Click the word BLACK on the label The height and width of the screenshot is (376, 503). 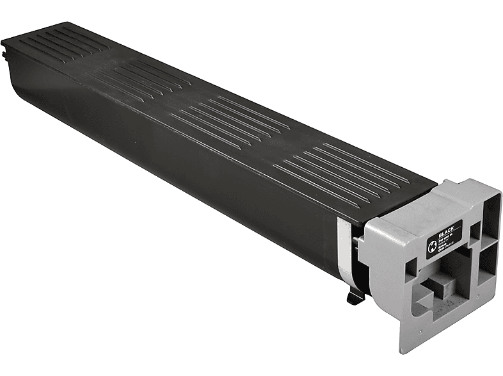point(447,231)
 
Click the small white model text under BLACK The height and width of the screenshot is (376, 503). point(447,245)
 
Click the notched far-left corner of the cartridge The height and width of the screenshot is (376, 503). point(8,47)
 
